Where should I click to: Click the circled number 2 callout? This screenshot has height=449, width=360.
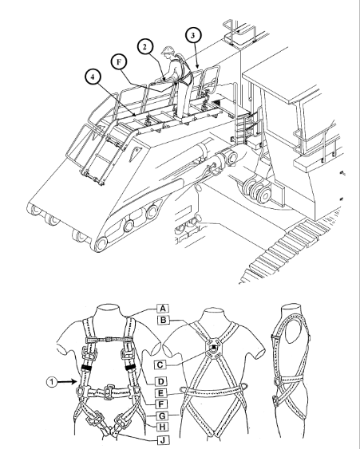145,47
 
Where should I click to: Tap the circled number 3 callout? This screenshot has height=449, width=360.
193,35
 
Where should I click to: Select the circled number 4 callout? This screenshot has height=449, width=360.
93,77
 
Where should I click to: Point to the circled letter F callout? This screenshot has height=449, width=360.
119,62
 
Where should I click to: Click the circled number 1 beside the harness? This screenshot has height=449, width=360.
52,382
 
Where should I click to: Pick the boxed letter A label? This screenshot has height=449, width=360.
163,309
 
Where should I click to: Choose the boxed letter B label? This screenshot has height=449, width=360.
164,320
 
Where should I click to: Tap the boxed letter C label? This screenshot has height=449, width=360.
160,364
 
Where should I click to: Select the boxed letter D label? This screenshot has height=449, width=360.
160,381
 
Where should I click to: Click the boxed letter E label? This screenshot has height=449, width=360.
160,393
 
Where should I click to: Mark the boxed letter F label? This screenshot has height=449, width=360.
160,404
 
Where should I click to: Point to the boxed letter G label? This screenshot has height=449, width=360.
162,416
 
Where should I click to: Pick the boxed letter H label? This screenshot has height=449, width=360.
162,427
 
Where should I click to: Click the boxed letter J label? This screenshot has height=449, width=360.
164,440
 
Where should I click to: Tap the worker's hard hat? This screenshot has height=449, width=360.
168,50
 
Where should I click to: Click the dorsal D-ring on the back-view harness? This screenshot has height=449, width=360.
215,348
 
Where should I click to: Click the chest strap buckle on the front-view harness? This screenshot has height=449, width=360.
108,339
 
